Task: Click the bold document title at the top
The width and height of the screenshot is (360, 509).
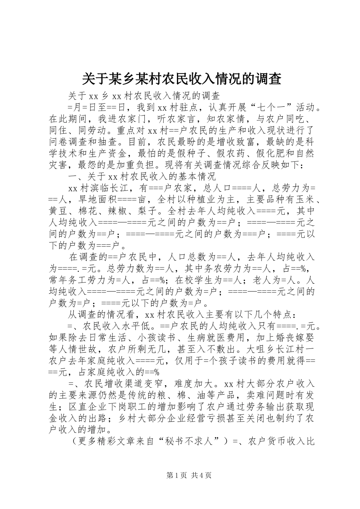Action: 182,78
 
